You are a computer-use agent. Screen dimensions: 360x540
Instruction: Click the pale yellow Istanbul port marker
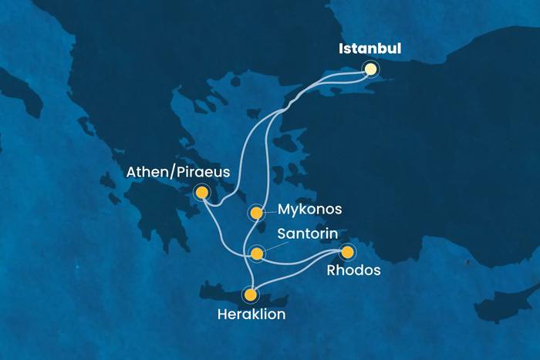point(371,69)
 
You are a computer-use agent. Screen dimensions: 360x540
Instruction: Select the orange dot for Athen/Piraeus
point(202,192)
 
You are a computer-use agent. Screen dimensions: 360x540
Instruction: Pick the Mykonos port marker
point(256,212)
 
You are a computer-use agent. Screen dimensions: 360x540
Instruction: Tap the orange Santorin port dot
point(257,253)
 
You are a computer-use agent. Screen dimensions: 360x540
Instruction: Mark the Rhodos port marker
point(348,252)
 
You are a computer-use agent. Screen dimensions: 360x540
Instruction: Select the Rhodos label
point(353,271)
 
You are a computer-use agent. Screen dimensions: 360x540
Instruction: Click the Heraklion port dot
point(250,294)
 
